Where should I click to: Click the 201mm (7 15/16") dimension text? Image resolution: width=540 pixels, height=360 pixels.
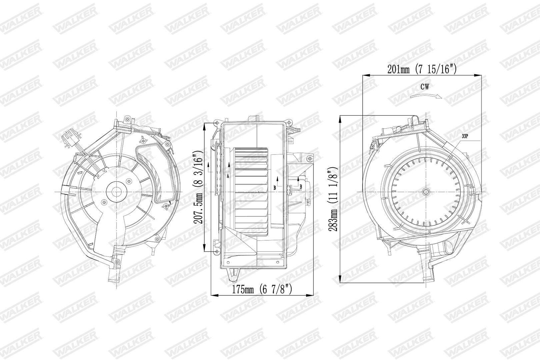(x=422, y=69)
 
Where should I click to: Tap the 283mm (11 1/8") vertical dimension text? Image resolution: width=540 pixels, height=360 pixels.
(x=334, y=199)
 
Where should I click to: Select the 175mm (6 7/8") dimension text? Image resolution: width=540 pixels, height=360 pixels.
(x=262, y=289)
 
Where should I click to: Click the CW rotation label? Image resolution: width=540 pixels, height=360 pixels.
(x=425, y=87)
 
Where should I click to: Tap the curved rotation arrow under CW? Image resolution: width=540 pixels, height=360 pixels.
(x=426, y=96)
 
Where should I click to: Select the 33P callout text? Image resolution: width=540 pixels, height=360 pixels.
(x=465, y=136)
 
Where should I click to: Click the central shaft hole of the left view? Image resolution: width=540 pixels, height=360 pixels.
(x=117, y=192)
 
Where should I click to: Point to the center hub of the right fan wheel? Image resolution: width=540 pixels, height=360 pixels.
(x=426, y=192)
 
